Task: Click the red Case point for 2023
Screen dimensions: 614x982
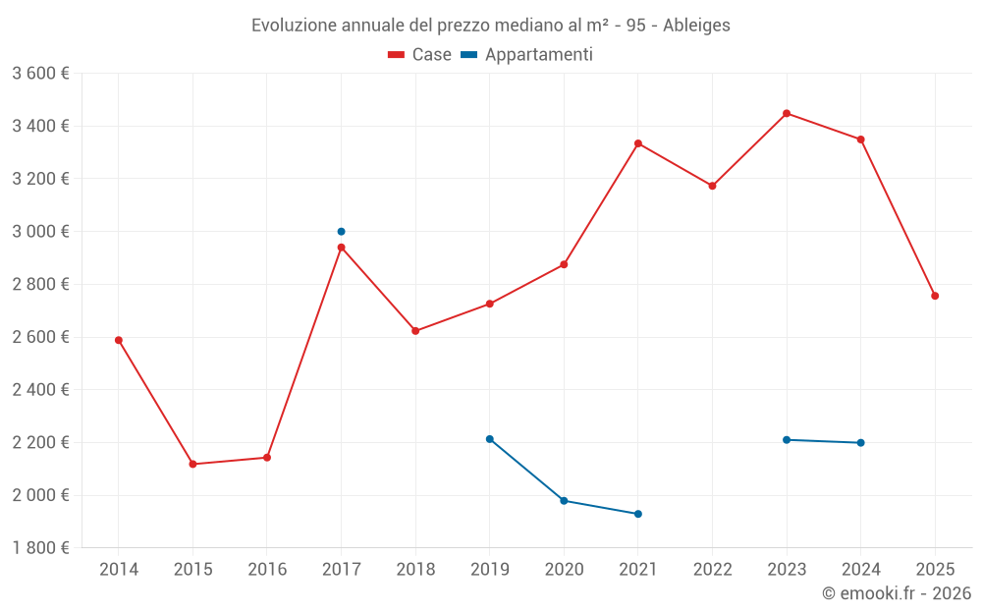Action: (787, 114)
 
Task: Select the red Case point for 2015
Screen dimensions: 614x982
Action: (192, 464)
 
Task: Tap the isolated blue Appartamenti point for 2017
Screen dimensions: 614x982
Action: (341, 232)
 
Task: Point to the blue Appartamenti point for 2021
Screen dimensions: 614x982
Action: (638, 514)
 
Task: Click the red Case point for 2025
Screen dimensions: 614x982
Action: (935, 296)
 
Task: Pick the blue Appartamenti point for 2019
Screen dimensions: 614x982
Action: (489, 439)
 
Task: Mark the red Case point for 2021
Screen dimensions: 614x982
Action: (638, 143)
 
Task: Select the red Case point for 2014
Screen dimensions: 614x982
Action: (119, 340)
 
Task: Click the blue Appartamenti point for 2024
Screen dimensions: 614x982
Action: (860, 442)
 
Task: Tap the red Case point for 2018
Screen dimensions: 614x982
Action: (415, 331)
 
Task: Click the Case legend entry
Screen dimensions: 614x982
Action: (420, 55)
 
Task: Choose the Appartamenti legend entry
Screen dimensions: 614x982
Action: (527, 55)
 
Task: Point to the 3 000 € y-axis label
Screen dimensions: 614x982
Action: (41, 232)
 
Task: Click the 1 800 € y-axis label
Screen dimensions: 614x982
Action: (41, 548)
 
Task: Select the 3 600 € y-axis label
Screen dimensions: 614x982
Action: (41, 74)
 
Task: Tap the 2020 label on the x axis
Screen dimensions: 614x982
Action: (564, 570)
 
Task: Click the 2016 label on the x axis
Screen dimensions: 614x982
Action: (267, 570)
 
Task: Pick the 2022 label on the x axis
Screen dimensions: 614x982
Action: (712, 570)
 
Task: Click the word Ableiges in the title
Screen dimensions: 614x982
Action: (696, 26)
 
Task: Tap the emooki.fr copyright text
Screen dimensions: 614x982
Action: (897, 593)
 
